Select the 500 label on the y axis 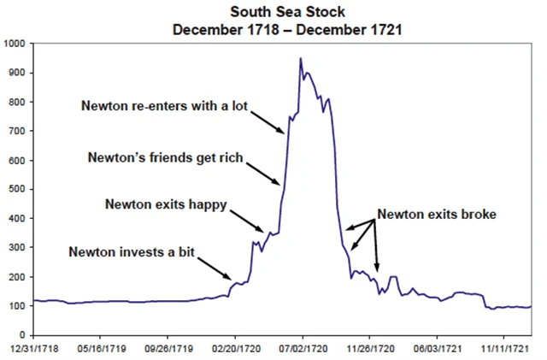[16, 189]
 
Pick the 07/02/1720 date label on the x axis [303, 350]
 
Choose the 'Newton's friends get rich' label [166, 157]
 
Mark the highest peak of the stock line [300, 58]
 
